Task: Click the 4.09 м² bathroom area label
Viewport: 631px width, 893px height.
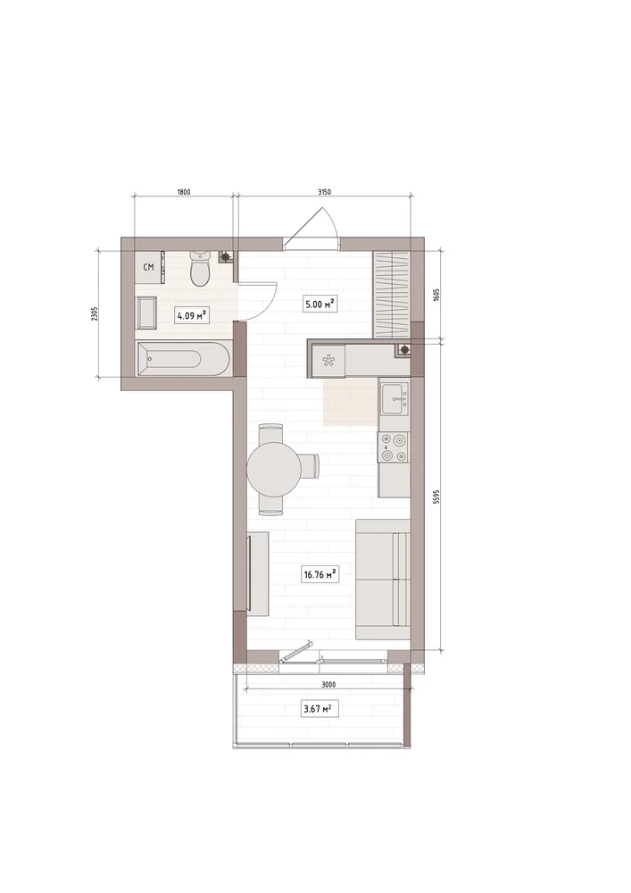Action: (x=191, y=315)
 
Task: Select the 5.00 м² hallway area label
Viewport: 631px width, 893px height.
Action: (x=318, y=305)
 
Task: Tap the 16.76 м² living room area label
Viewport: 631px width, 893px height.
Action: (x=321, y=574)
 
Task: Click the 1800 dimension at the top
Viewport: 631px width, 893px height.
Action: (x=184, y=192)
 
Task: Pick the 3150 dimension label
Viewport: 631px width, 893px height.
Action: (x=324, y=192)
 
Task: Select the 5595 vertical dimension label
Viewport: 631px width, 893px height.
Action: (x=436, y=497)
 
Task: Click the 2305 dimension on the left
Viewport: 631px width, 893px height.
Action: (x=95, y=314)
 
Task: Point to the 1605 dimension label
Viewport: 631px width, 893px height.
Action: (x=436, y=296)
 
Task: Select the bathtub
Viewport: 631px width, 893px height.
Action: (x=183, y=359)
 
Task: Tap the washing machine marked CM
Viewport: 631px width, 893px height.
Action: (x=148, y=267)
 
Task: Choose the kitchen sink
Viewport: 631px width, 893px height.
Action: (x=394, y=398)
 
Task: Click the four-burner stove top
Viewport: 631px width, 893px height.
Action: (x=394, y=447)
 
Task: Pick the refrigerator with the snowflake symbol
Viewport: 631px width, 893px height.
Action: (x=328, y=360)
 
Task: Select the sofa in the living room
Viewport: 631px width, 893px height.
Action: (x=383, y=580)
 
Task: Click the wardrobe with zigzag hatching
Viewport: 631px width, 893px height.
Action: (x=392, y=295)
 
